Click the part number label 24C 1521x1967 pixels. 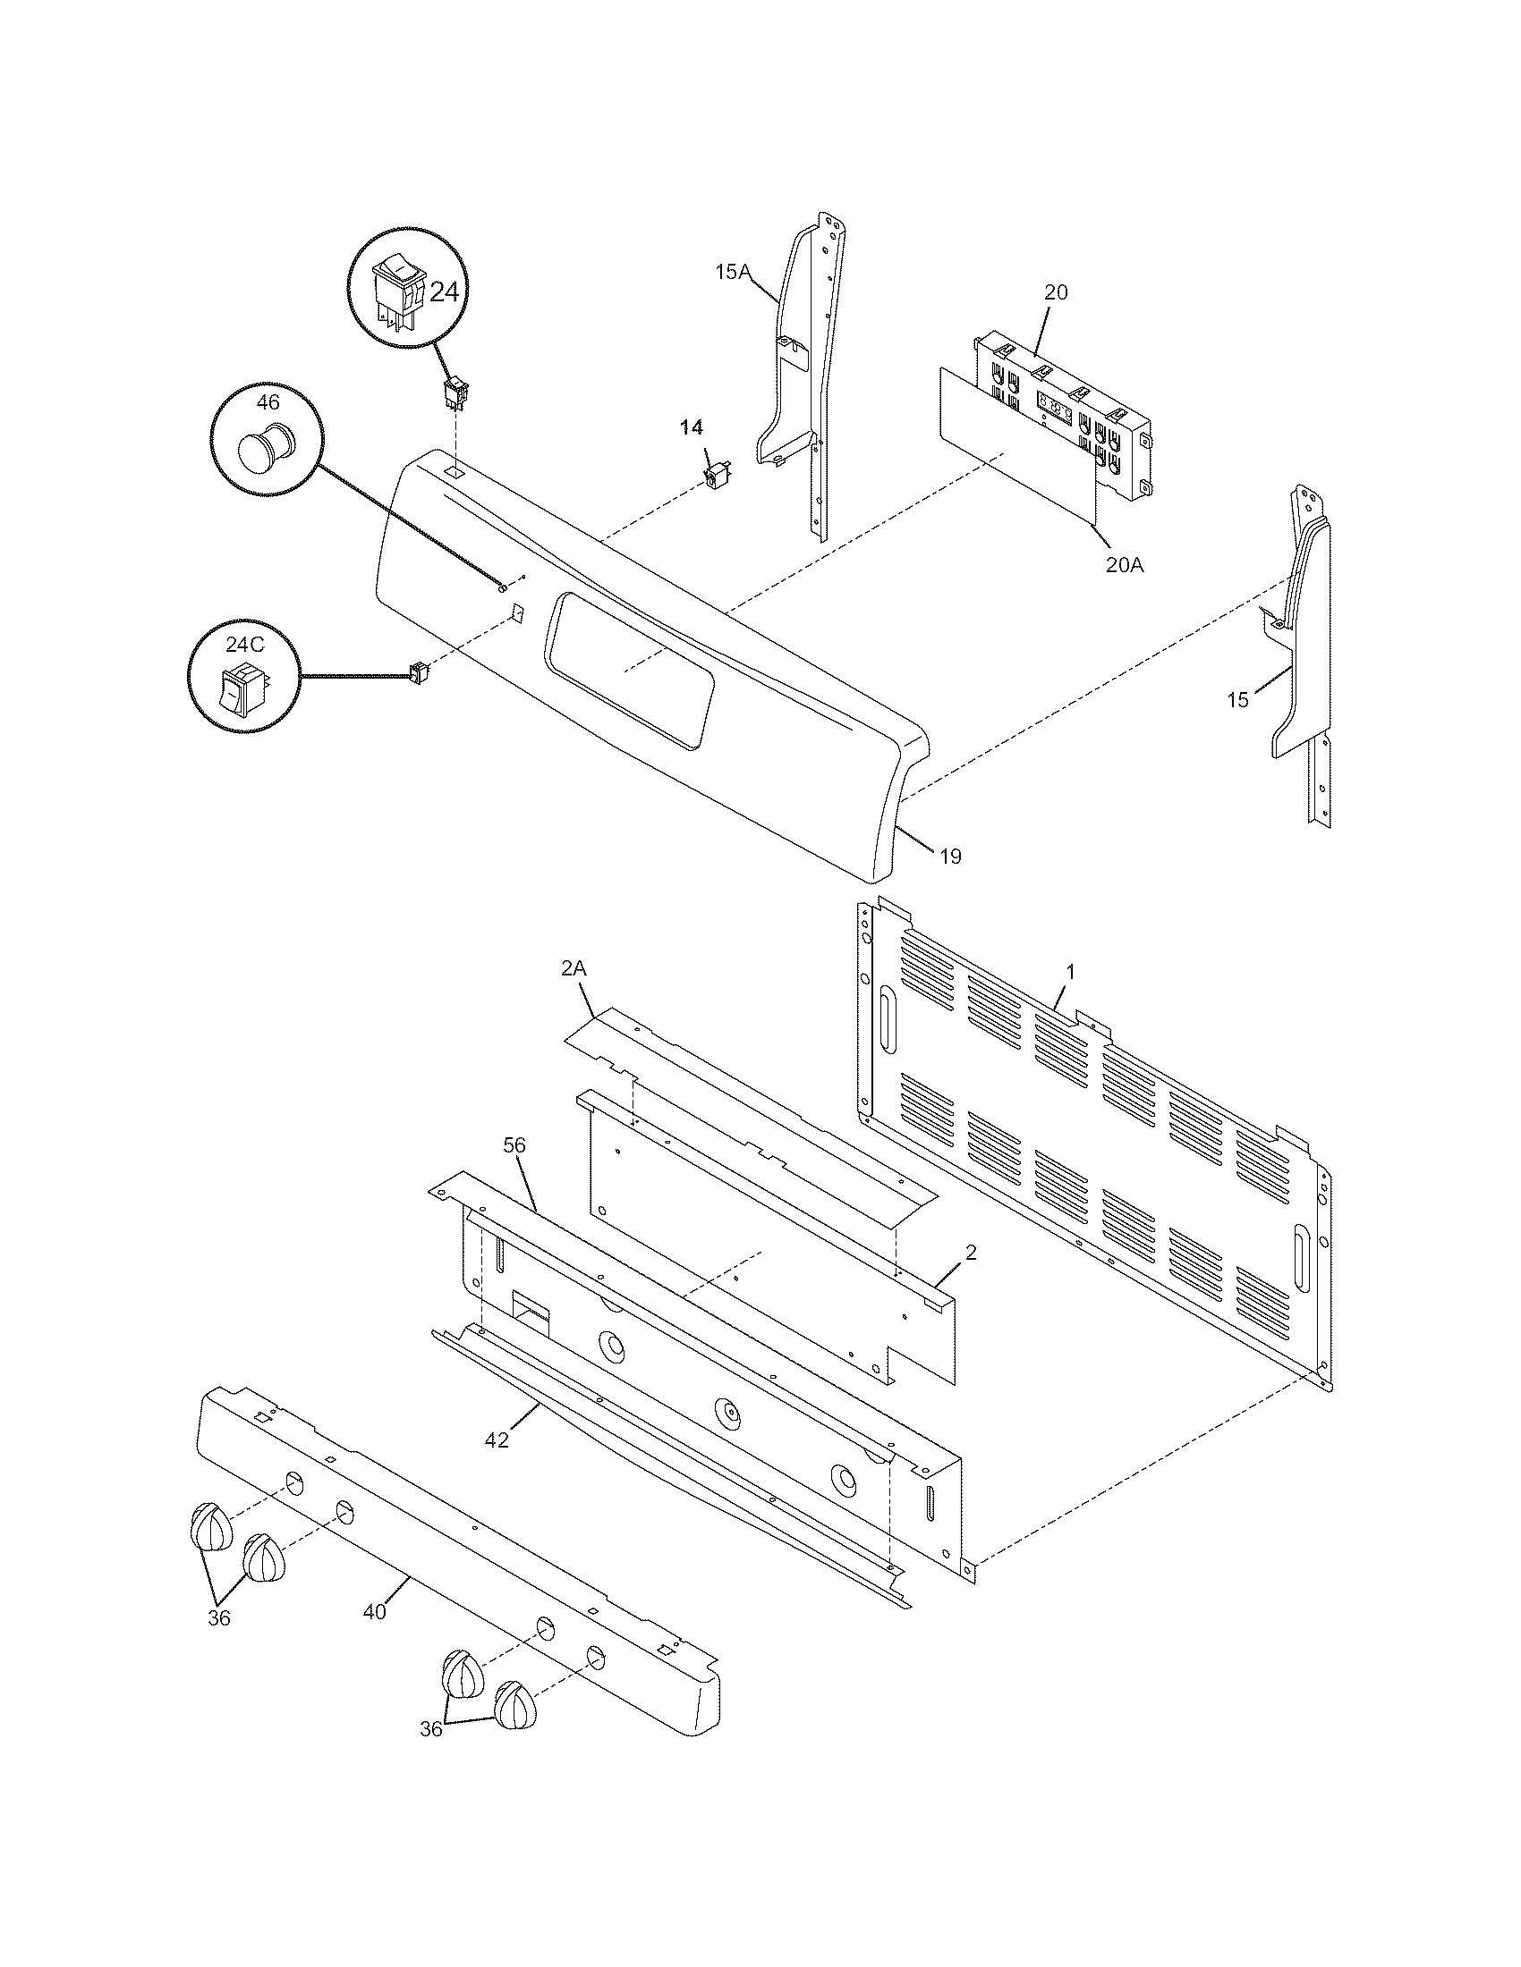(245, 644)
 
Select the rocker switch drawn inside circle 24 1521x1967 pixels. (399, 288)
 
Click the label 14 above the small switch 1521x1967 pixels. (691, 427)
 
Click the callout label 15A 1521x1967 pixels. (733, 271)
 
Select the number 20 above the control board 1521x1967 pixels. (1056, 292)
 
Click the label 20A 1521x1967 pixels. (1124, 566)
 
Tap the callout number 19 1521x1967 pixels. (950, 857)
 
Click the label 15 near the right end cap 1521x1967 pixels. (1238, 700)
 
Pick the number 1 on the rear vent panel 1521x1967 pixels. (1070, 972)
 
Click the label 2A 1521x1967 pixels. (574, 969)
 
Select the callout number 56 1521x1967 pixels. (514, 1145)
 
